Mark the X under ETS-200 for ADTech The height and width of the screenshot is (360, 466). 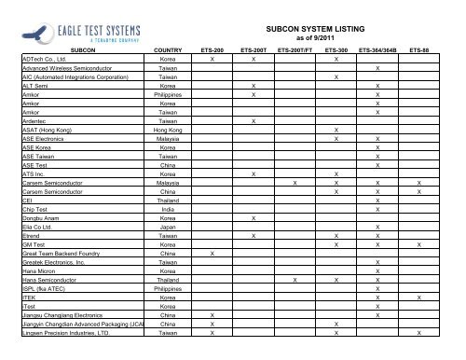(x=212, y=58)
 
